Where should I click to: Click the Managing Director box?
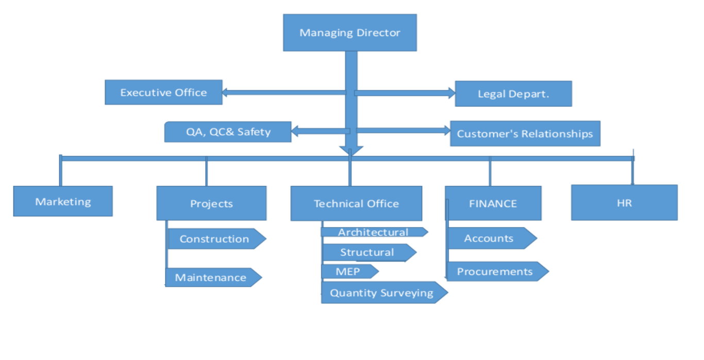click(x=349, y=32)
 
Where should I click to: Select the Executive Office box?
click(x=163, y=92)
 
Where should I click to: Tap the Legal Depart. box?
click(x=513, y=94)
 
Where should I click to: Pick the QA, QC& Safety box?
click(x=228, y=132)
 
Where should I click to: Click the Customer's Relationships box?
click(x=525, y=134)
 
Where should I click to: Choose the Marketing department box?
click(x=63, y=201)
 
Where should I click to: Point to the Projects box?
click(x=211, y=203)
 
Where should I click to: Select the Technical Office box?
click(x=356, y=203)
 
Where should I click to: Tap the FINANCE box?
click(x=493, y=203)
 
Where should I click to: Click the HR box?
click(x=624, y=203)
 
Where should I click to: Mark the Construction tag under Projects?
click(x=214, y=239)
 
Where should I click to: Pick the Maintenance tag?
click(x=211, y=278)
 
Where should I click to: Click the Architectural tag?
click(x=373, y=232)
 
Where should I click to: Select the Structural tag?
click(x=367, y=252)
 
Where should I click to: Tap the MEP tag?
click(x=348, y=271)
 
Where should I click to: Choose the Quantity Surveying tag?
click(x=381, y=293)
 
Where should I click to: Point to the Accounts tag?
click(x=489, y=238)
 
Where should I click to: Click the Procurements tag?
click(x=495, y=271)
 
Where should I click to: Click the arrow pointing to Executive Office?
click(x=283, y=93)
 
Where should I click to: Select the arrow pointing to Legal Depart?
click(x=405, y=93)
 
